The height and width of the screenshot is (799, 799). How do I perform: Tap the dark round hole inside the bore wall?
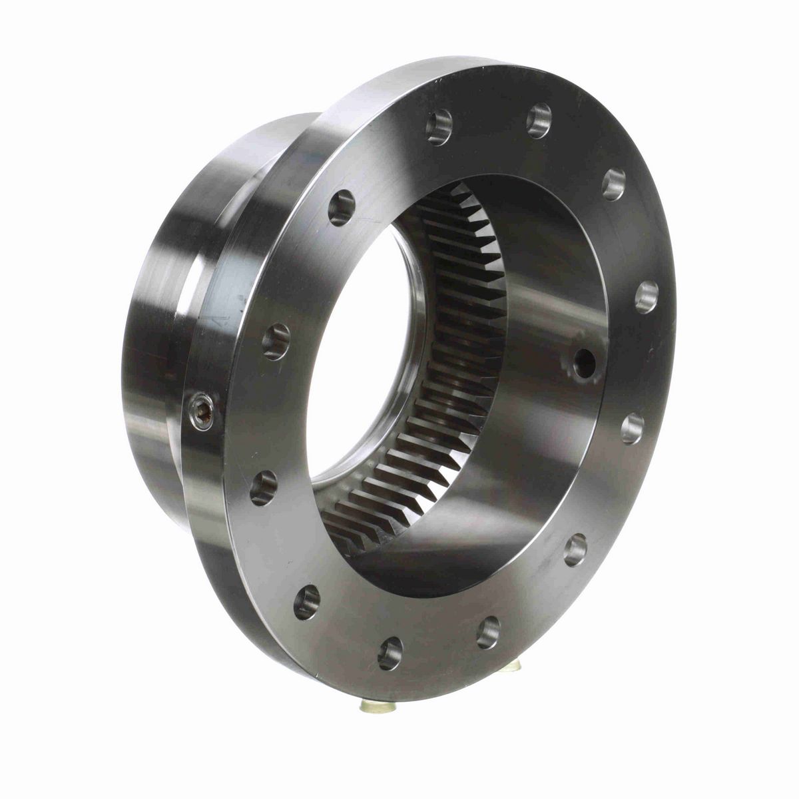click(x=585, y=362)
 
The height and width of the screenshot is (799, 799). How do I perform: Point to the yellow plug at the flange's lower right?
click(x=511, y=666)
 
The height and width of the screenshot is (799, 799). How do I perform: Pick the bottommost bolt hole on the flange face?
click(x=390, y=653)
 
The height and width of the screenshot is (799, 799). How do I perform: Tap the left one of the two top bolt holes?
click(x=439, y=127)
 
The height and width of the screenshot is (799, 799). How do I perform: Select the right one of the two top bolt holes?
click(x=539, y=121)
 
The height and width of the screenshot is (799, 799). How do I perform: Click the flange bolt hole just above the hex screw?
click(x=276, y=341)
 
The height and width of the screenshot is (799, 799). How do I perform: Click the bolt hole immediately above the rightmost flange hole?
click(x=614, y=184)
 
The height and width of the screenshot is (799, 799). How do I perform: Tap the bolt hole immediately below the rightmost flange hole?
click(x=632, y=428)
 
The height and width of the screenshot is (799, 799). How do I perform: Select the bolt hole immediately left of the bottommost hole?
click(x=306, y=602)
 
